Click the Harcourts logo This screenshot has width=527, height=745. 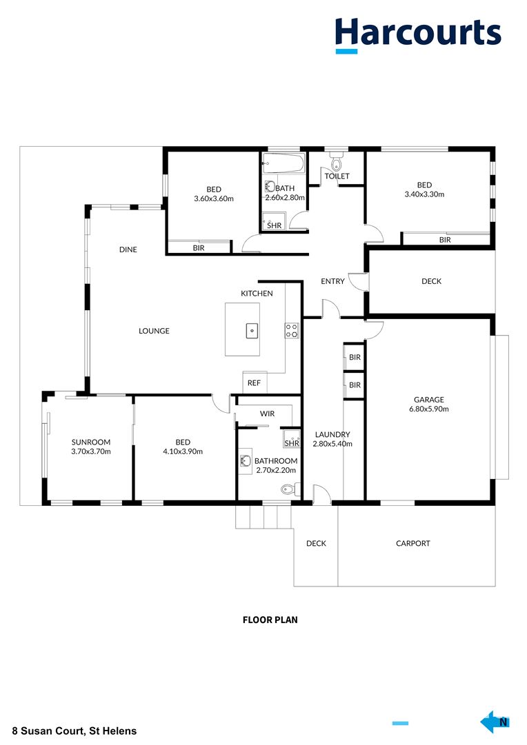pos(417,35)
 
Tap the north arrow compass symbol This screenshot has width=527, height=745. pos(495,723)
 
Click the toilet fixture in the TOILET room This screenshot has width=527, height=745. pos(337,161)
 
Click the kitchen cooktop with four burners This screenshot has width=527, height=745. pos(292,331)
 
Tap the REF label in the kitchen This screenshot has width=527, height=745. pos(254,383)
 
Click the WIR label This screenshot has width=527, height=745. pos(268,414)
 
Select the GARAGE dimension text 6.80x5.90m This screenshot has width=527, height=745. pos(429,409)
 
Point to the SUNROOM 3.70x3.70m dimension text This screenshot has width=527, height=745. pos(91,451)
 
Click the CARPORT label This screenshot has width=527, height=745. pos(413,543)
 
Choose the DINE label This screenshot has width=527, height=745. pos(128,249)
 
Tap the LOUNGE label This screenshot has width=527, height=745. pos(154,331)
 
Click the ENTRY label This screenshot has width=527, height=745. pos(332,281)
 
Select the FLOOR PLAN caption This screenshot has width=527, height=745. pos(270,620)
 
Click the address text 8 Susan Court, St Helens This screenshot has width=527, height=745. pos(74,731)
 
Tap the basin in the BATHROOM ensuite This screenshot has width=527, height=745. pos(245,461)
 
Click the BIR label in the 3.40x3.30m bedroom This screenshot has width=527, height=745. pos(445,240)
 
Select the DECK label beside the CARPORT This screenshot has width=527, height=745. pos(317,543)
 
